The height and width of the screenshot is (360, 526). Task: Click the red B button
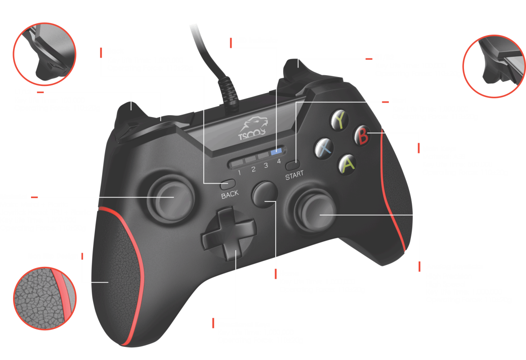(362, 135)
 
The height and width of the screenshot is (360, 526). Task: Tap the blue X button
(324, 148)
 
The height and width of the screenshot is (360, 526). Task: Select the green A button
(348, 164)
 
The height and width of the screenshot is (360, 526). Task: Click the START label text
(294, 175)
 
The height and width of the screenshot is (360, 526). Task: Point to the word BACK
(230, 194)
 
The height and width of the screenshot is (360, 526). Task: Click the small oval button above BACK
(228, 184)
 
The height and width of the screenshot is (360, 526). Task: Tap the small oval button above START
(293, 165)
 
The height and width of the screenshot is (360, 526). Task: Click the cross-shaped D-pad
(228, 234)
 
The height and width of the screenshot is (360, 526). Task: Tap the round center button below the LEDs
(265, 194)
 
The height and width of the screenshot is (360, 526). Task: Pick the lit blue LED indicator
(277, 152)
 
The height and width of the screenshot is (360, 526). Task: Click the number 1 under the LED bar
(239, 173)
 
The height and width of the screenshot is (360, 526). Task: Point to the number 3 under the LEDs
(266, 166)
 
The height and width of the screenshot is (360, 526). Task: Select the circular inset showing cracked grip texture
(45, 298)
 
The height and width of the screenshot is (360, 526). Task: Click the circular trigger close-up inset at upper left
(45, 54)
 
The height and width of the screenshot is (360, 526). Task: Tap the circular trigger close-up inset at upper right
(494, 66)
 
